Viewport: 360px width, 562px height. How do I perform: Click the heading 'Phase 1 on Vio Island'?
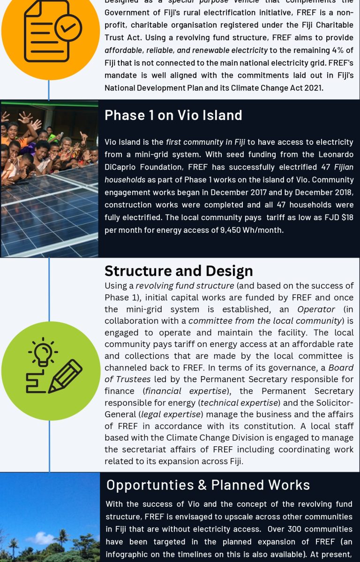[x=173, y=115]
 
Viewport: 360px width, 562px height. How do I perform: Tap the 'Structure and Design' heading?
[x=179, y=271]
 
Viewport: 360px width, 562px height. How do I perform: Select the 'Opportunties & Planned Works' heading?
[x=208, y=485]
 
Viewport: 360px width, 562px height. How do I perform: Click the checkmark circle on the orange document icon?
[x=68, y=28]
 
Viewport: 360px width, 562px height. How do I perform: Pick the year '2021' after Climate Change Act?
[x=312, y=88]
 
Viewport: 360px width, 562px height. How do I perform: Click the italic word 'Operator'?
[x=316, y=309]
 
